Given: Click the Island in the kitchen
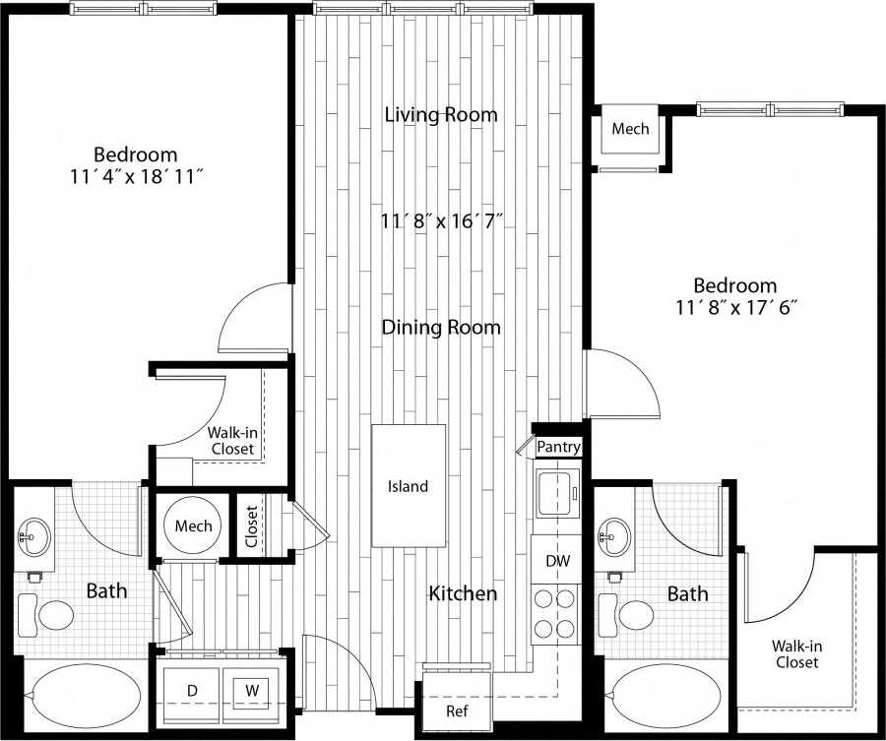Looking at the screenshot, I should tap(408, 486).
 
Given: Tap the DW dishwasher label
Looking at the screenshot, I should tap(555, 561).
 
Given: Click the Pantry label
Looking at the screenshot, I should tap(558, 448).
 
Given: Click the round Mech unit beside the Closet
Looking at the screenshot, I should tap(193, 526).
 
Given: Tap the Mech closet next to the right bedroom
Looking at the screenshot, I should tap(630, 130).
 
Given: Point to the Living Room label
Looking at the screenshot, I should tap(440, 115).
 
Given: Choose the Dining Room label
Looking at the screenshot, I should tap(441, 328).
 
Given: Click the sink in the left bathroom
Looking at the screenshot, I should tap(34, 537).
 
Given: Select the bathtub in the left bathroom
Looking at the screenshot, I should tap(83, 697).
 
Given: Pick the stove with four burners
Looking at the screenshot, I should tap(555, 614).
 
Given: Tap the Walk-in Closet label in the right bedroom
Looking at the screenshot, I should tap(795, 654).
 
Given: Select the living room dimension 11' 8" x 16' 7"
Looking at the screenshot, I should tap(442, 221).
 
